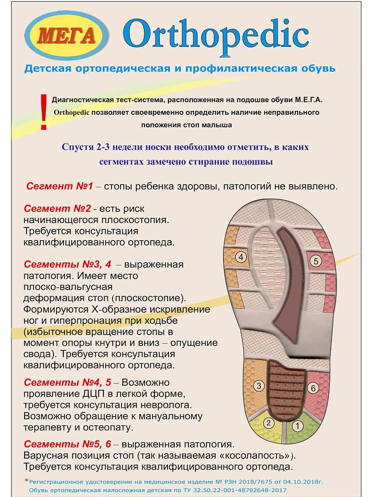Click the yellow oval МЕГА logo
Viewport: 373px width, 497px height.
[67, 36]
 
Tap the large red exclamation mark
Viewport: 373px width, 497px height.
[43, 112]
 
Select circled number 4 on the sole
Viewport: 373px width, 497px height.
[241, 257]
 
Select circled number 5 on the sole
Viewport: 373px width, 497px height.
[316, 261]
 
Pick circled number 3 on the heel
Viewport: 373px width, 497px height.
[259, 386]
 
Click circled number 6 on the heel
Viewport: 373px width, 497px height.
[313, 388]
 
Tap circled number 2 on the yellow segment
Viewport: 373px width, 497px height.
[269, 423]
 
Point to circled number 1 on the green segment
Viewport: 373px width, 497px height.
[298, 426]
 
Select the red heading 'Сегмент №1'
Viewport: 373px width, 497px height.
[60, 186]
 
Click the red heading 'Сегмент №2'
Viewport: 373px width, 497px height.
[57, 209]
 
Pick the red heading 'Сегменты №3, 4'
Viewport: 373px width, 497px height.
[68, 265]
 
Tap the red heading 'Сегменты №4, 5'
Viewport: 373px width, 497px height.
[68, 382]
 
